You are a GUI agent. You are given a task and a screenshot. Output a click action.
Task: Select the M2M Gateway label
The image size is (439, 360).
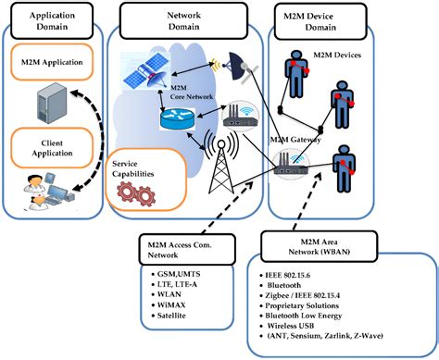[295, 139]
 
